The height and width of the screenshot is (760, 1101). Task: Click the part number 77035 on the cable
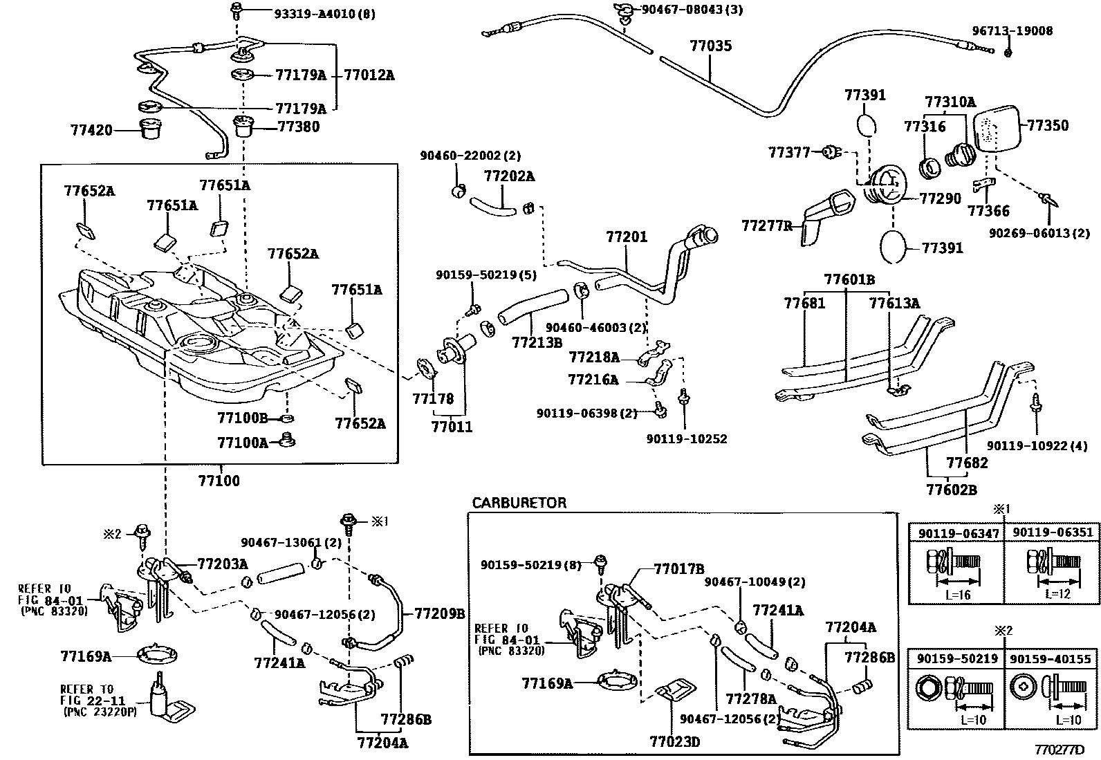(710, 46)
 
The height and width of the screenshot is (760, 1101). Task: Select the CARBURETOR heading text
(519, 503)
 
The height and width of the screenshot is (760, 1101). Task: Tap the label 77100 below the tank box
(219, 480)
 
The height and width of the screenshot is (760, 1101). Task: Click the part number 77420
(91, 129)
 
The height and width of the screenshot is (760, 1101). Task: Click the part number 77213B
(537, 341)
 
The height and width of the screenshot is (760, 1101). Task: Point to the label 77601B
(849, 279)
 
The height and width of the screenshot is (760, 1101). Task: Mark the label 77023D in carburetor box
(674, 742)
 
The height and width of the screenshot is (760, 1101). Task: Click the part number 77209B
(439, 613)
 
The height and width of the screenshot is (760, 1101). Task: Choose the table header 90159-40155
(1052, 659)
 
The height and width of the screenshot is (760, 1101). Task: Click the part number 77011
(452, 427)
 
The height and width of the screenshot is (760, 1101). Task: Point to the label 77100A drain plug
(242, 442)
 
